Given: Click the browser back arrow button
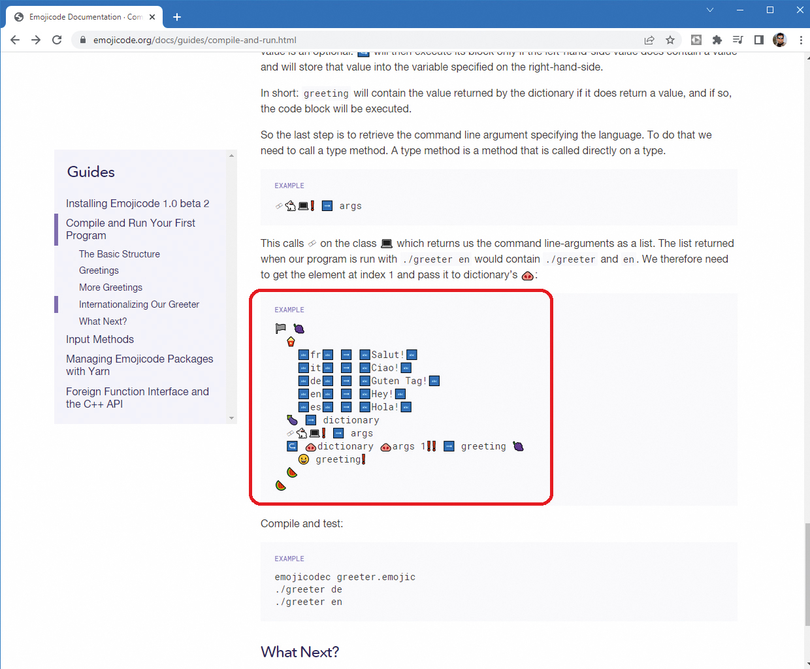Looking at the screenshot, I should (15, 40).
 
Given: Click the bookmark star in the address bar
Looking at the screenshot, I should (670, 40).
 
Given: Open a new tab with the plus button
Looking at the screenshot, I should (177, 17).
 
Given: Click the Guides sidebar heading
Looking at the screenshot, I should (91, 172).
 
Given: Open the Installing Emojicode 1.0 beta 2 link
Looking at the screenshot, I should (137, 204).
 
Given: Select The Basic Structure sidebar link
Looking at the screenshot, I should (120, 254).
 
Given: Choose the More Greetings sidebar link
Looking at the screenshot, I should (110, 287).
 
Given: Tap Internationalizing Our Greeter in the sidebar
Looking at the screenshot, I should (139, 304).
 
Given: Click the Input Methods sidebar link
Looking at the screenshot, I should (100, 340).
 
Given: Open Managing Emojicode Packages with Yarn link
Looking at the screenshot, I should (139, 365).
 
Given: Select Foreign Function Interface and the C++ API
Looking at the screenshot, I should (137, 398).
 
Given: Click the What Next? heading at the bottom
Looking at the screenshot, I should (300, 652).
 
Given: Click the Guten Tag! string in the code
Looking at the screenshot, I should (399, 381).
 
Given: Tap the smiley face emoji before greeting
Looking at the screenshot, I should (304, 459).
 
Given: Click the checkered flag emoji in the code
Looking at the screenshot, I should (281, 329).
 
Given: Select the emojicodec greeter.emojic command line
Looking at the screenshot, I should (345, 577).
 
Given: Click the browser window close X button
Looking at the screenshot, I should (800, 10).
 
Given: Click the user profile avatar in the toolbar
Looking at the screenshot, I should (779, 40).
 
